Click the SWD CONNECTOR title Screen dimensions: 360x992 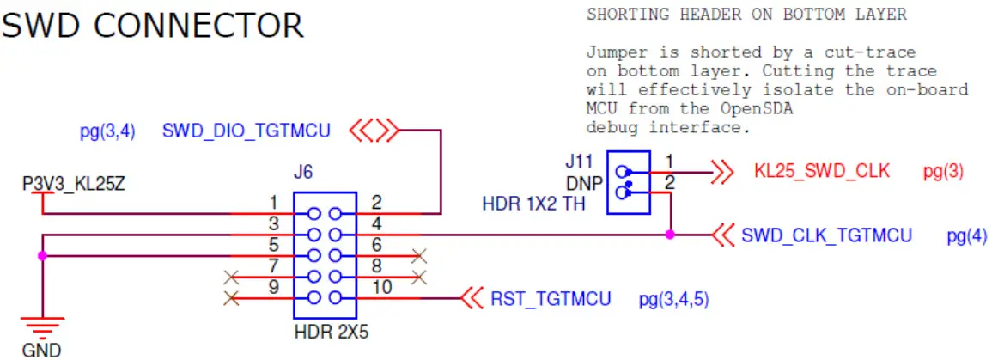click(x=153, y=26)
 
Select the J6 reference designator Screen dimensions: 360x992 click(x=302, y=173)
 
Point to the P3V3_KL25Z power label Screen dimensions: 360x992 click(x=75, y=184)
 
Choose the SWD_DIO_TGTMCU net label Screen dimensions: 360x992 click(x=246, y=131)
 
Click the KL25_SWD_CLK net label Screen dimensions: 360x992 click(x=821, y=171)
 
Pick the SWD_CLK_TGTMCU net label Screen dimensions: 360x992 click(x=826, y=235)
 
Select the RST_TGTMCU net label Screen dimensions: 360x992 click(x=551, y=299)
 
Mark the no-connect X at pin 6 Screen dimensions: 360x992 click(x=419, y=255)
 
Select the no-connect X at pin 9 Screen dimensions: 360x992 click(x=230, y=298)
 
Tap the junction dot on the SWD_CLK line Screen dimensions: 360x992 click(x=670, y=234)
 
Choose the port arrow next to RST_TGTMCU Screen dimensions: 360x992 click(x=471, y=299)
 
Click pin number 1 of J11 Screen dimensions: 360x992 click(x=671, y=161)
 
